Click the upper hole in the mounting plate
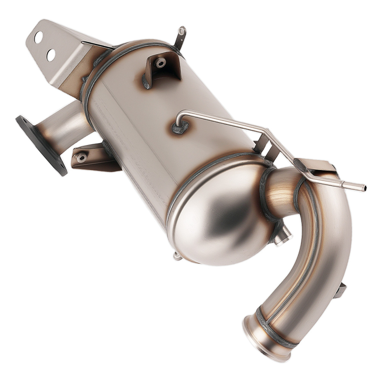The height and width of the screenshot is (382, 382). tap(39, 37)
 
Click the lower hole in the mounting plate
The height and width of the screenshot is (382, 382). tap(51, 55)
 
